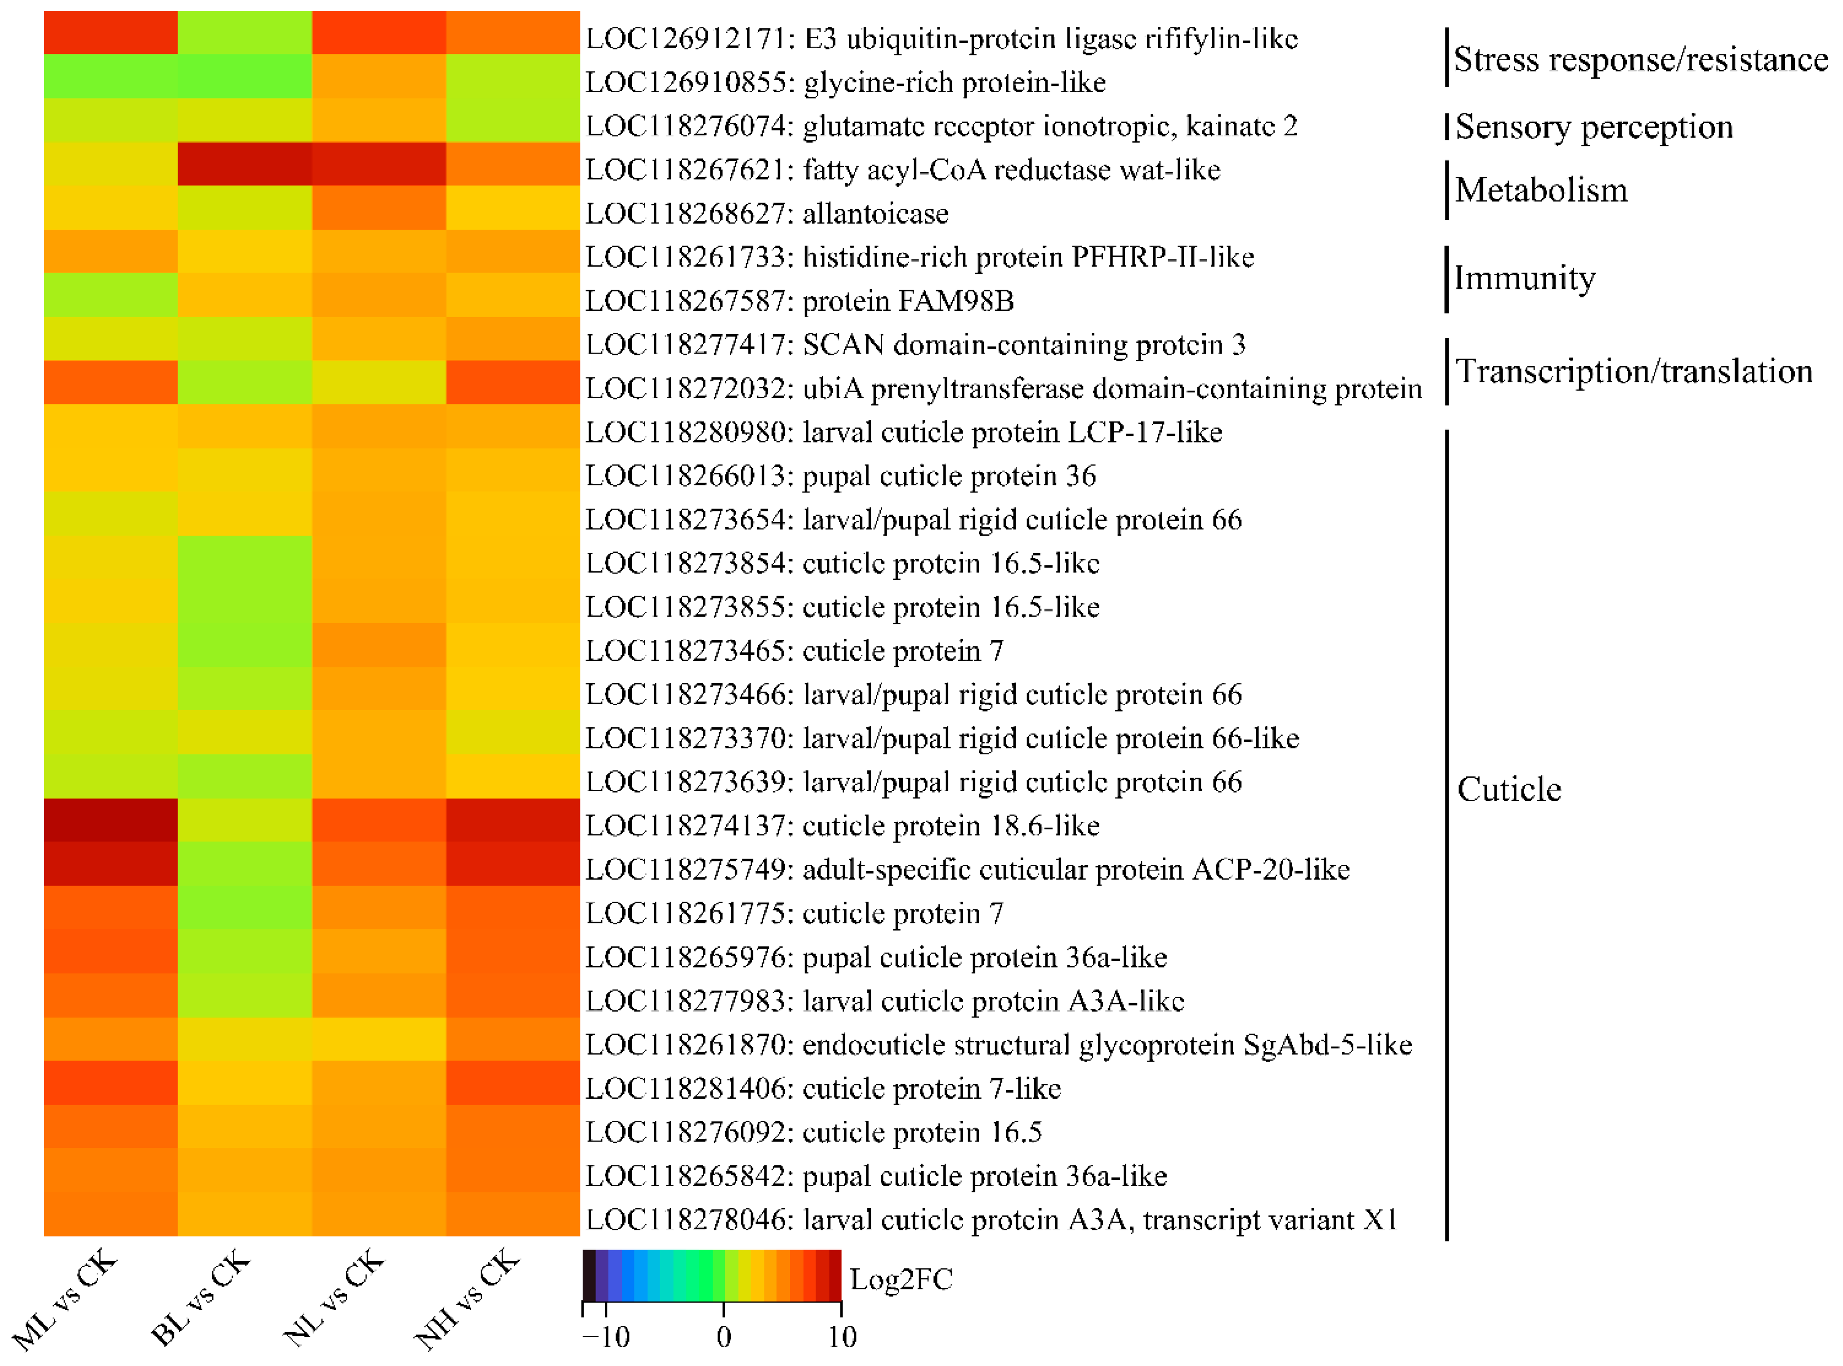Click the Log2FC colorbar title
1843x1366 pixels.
901,1279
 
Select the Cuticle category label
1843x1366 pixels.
1508,790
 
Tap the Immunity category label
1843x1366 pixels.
1525,279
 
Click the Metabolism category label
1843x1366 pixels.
1541,190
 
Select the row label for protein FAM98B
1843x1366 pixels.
799,301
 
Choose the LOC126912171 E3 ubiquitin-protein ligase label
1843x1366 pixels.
942,39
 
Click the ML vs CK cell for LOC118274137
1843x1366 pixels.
111,820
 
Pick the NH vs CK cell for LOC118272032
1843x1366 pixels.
513,383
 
